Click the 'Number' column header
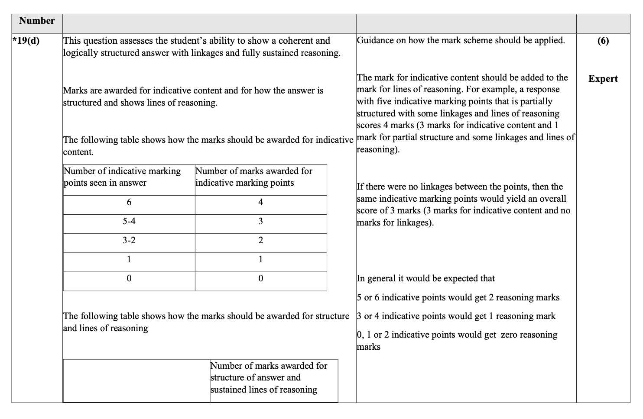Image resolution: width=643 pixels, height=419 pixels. coord(37,21)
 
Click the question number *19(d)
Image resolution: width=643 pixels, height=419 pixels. coord(26,41)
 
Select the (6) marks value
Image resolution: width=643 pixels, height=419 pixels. coord(603,41)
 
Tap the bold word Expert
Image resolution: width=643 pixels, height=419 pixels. coord(603,79)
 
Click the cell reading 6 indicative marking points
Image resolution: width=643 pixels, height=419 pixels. coord(129,203)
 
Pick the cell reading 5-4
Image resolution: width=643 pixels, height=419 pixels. coord(129,222)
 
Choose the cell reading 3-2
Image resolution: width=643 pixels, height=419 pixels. coord(129,241)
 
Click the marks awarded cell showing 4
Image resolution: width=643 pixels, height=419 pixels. coord(260,203)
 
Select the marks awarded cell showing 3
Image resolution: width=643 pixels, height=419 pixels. coord(260,222)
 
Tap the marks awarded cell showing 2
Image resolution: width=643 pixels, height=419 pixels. coord(260,241)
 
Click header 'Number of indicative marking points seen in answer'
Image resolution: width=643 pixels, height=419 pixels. coord(122,177)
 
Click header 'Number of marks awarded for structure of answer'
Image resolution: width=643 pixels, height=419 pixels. coord(269,377)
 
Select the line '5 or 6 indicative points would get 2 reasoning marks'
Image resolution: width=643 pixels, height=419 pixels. coord(458,298)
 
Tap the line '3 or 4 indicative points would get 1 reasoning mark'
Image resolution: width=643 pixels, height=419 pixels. coord(456,316)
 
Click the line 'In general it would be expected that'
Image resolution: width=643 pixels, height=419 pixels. coord(425,279)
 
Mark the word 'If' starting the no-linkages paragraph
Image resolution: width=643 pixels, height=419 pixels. coord(360,187)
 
